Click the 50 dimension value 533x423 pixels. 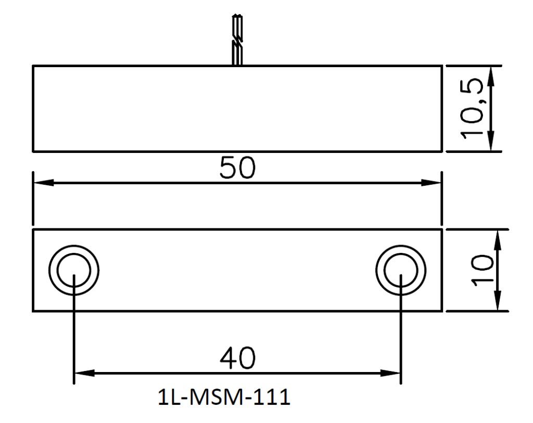point(237,168)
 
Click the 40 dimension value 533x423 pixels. point(237,358)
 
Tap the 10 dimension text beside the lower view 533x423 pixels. point(482,270)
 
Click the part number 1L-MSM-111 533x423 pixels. point(224,397)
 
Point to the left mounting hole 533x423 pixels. point(74,271)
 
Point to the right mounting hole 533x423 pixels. point(401,271)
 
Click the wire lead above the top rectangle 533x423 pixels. point(237,40)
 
